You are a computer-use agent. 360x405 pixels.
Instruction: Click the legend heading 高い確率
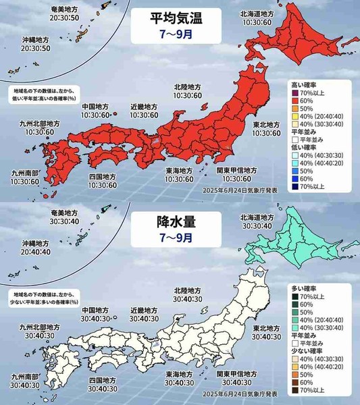pyautogui.click(x=299, y=84)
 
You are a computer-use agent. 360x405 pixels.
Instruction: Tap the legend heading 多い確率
pyautogui.click(x=299, y=287)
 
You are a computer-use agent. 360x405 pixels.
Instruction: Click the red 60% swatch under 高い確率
pyautogui.click(x=296, y=101)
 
